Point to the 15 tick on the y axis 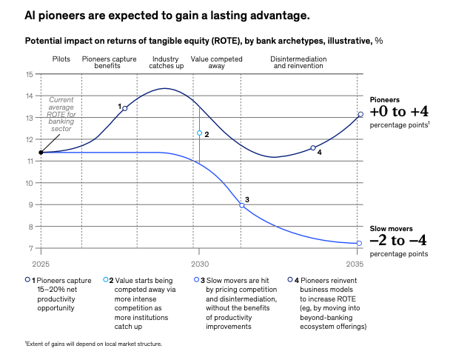29,74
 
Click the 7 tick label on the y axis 30,249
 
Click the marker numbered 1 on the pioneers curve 124,108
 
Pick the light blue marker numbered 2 199,133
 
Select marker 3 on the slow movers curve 241,205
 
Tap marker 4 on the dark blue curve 313,148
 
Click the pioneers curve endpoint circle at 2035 360,115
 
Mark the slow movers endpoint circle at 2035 359,244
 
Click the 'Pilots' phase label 61,59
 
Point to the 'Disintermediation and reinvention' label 300,62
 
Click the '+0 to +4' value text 399,112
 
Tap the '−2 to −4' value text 400,241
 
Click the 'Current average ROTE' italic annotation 61,114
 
